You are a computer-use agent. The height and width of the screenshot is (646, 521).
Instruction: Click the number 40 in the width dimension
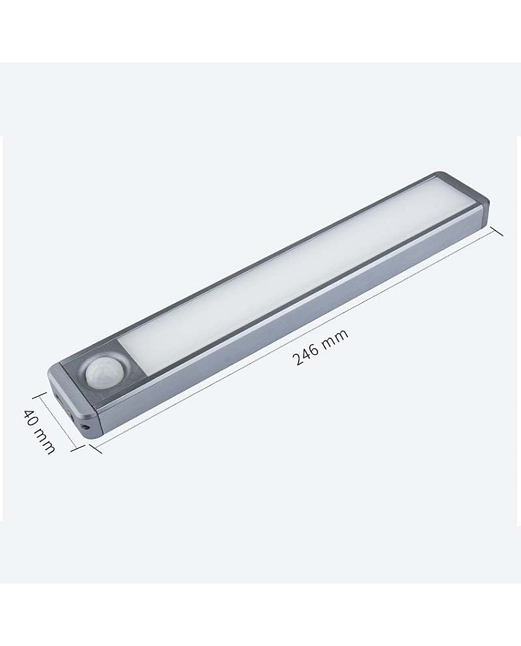(29, 418)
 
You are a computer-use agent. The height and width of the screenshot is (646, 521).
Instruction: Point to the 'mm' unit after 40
(44, 441)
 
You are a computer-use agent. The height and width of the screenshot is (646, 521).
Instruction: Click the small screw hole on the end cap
(86, 426)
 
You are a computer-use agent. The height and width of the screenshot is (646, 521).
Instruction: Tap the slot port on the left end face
(60, 399)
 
